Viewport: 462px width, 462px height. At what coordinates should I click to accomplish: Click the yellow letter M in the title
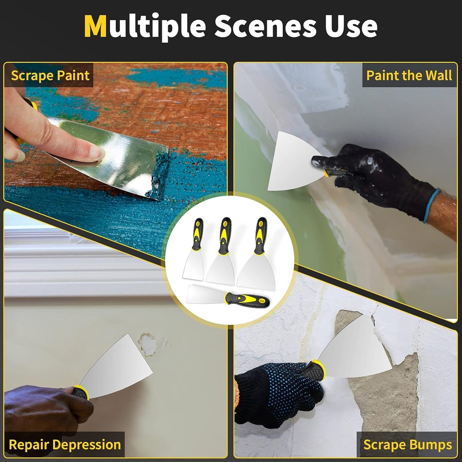(x=95, y=26)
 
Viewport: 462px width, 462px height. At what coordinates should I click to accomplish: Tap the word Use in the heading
(x=351, y=26)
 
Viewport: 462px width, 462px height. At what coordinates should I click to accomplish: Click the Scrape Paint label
(x=50, y=76)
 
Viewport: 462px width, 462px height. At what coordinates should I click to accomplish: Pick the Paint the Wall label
(x=409, y=76)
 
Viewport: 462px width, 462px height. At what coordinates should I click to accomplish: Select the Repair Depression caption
(x=65, y=444)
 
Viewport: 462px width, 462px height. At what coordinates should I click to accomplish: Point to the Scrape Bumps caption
(x=408, y=445)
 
